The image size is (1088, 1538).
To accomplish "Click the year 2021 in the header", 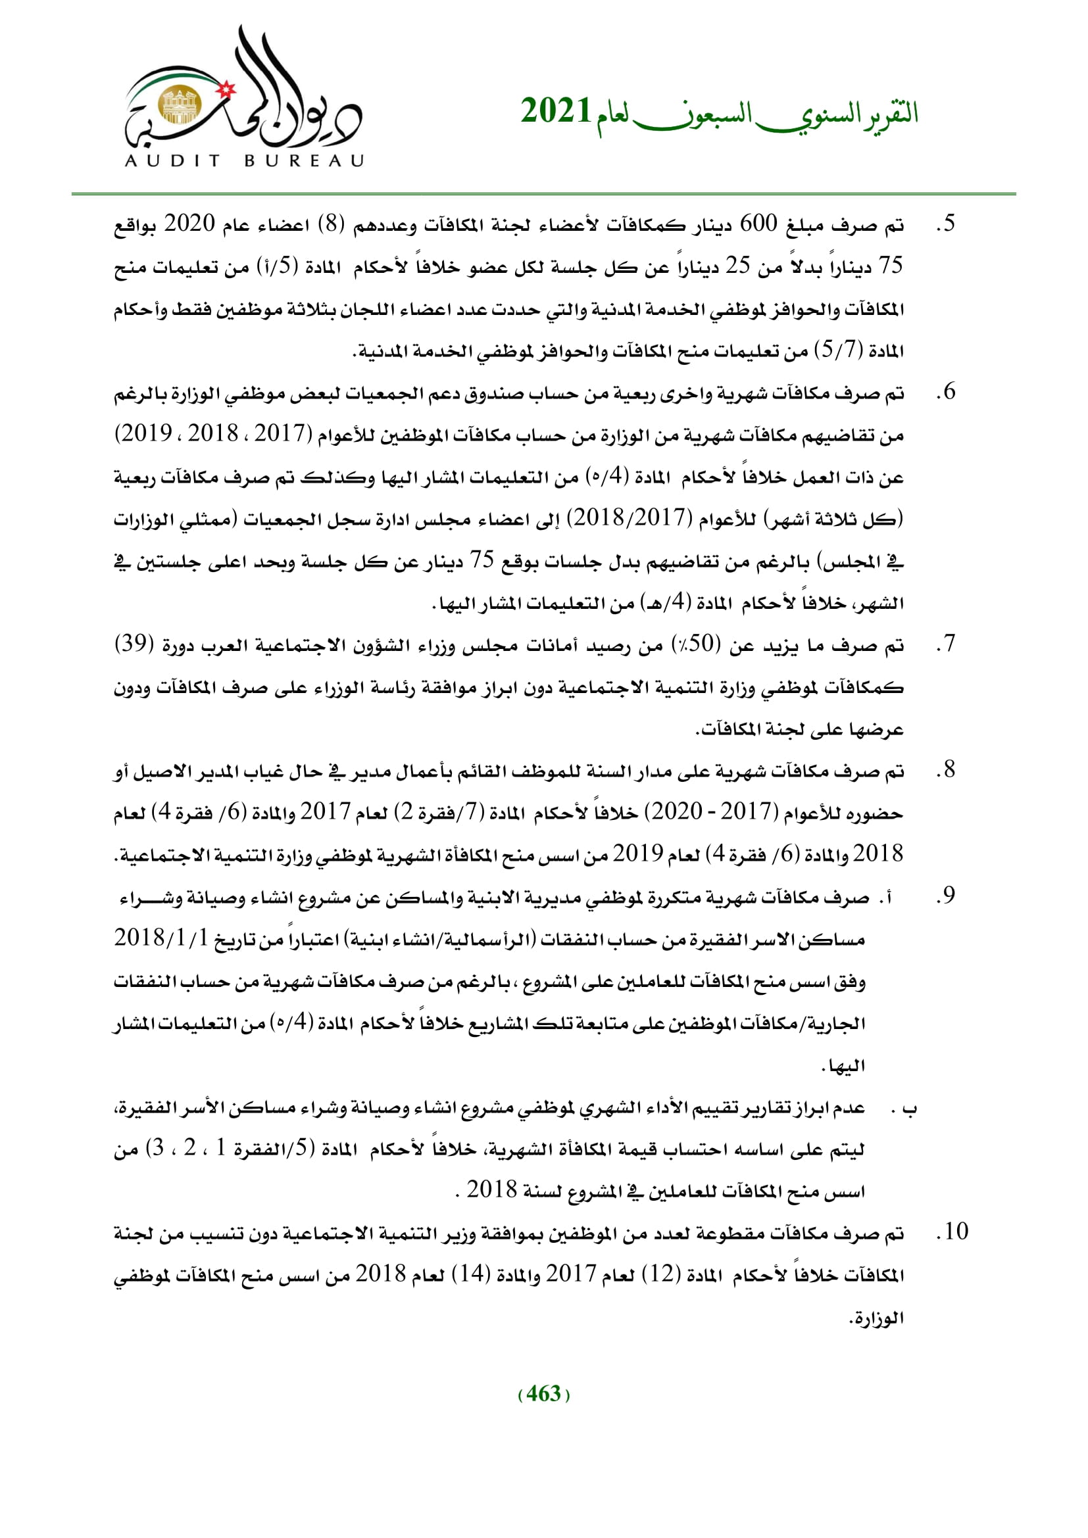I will (x=556, y=111).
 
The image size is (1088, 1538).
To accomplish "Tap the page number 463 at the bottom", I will (x=543, y=1394).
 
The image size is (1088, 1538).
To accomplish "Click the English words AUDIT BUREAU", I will (x=245, y=160).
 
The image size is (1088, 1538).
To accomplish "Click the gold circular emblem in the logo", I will (x=179, y=105).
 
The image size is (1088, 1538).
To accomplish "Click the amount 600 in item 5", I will (x=758, y=224).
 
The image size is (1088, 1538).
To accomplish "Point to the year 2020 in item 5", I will (x=189, y=224).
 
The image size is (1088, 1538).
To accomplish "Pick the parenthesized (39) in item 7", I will (x=135, y=644).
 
